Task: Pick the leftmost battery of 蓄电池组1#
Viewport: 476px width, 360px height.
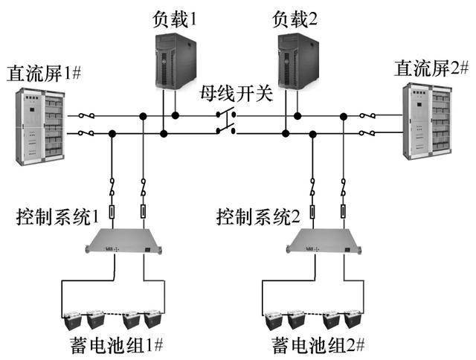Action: (74, 320)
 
